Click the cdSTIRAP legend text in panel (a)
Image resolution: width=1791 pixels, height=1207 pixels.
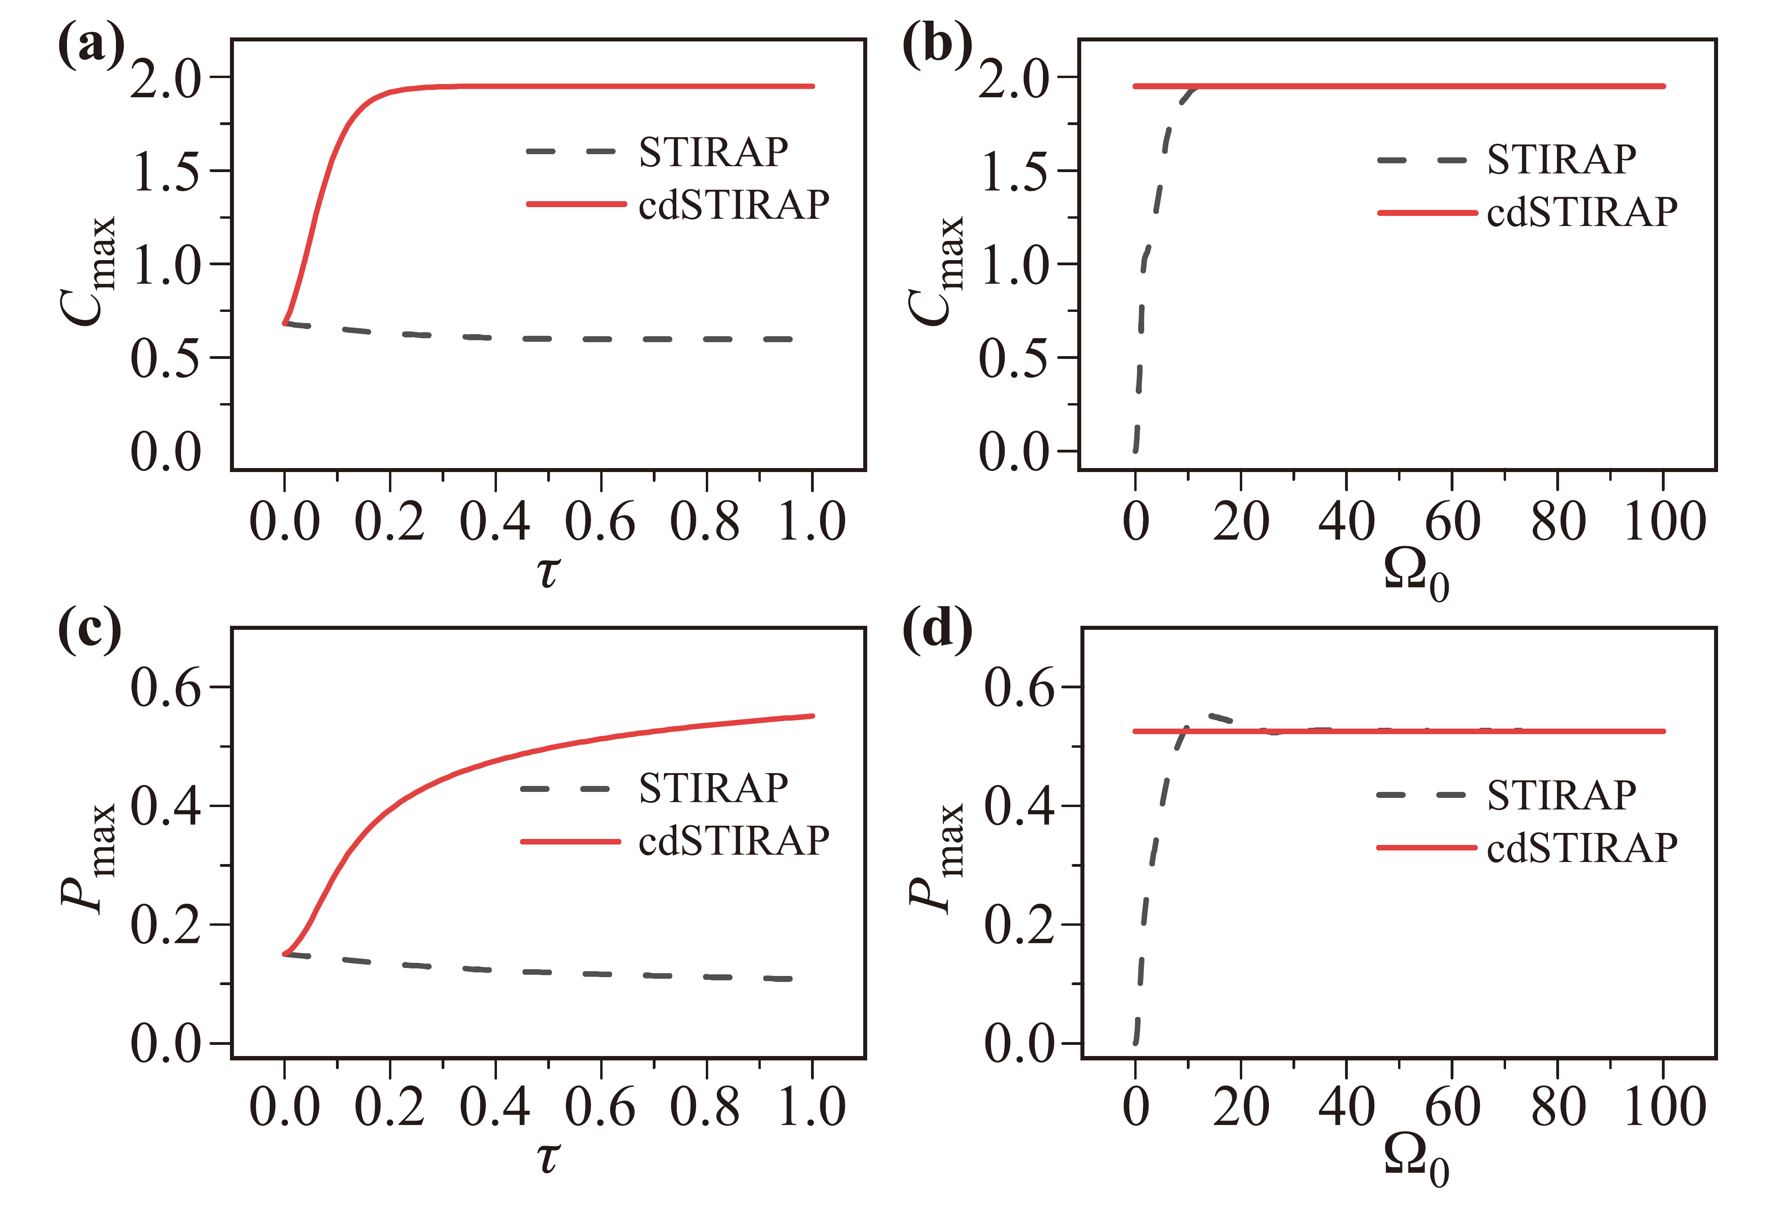733,205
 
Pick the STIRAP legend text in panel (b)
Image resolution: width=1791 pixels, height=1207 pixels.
1561,160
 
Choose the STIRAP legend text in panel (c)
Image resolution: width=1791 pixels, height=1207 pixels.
713,788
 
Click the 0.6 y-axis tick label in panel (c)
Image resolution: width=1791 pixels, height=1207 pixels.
165,688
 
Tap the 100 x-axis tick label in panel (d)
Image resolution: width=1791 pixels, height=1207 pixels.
1664,1107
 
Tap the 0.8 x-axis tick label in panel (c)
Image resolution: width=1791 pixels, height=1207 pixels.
705,1107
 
